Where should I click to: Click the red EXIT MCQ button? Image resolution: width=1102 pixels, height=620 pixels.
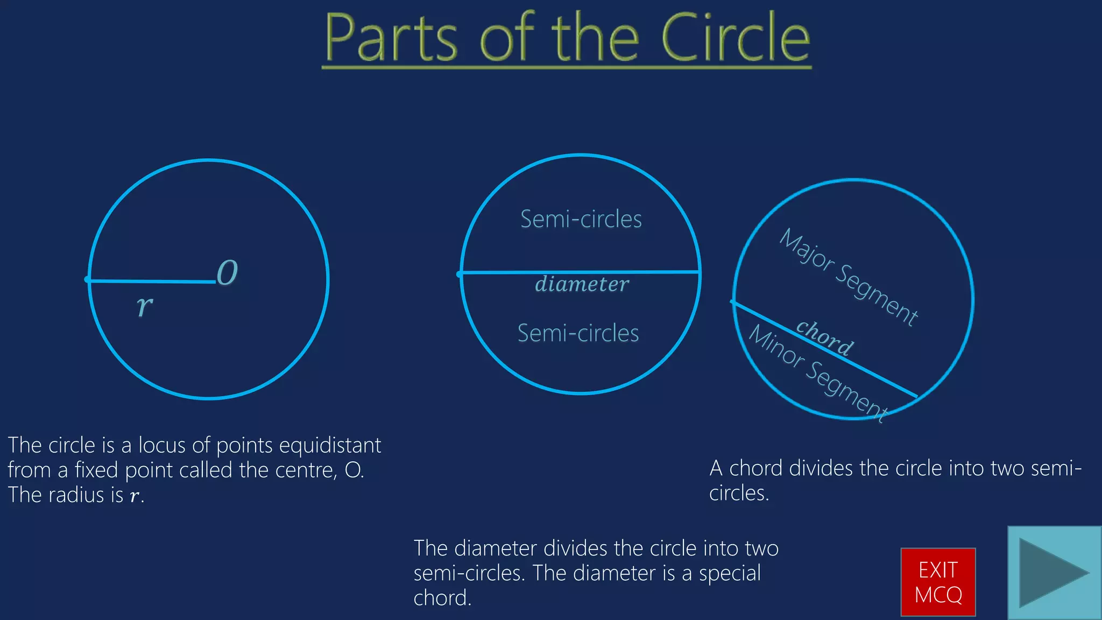(x=938, y=582)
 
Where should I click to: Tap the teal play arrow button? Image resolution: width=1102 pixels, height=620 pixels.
(x=1054, y=573)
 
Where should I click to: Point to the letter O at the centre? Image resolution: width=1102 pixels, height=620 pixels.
(x=227, y=273)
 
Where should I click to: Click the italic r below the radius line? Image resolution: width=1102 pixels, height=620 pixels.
(x=144, y=306)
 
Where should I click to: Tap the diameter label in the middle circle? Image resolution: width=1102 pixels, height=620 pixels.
(x=582, y=284)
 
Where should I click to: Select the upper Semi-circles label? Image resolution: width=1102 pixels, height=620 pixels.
(x=581, y=220)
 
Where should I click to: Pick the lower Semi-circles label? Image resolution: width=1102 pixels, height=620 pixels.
(x=578, y=334)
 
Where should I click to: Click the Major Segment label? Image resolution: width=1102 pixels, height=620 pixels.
(x=849, y=277)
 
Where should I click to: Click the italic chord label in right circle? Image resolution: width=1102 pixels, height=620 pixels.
(x=825, y=338)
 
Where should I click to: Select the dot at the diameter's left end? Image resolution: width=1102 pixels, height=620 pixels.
(x=460, y=274)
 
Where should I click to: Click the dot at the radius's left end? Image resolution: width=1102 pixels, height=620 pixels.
(x=87, y=279)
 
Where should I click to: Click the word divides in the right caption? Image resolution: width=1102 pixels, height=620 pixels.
(x=821, y=468)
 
